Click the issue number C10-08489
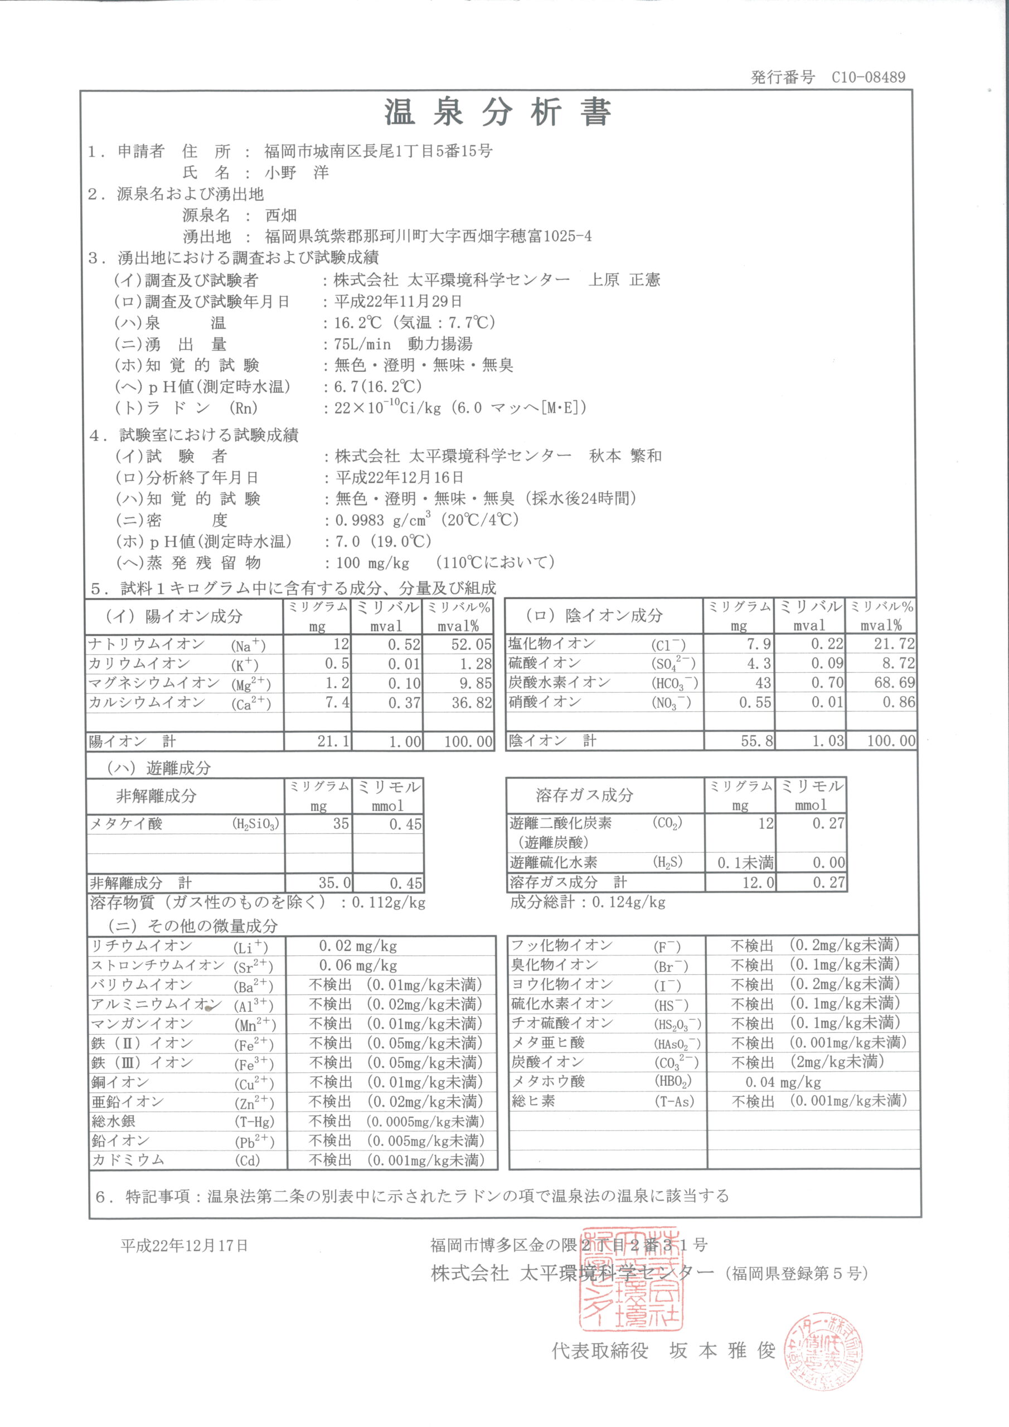(x=868, y=77)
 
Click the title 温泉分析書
(x=497, y=113)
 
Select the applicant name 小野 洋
(x=297, y=172)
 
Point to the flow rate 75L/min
(x=363, y=344)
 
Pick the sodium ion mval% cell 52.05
(x=471, y=644)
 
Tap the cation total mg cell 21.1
(x=333, y=741)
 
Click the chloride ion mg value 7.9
(x=759, y=644)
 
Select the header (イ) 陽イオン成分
(x=173, y=616)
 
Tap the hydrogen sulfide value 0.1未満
(x=745, y=863)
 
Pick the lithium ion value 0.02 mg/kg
(x=357, y=947)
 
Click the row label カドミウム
(x=128, y=1160)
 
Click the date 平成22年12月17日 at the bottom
(x=184, y=1245)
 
